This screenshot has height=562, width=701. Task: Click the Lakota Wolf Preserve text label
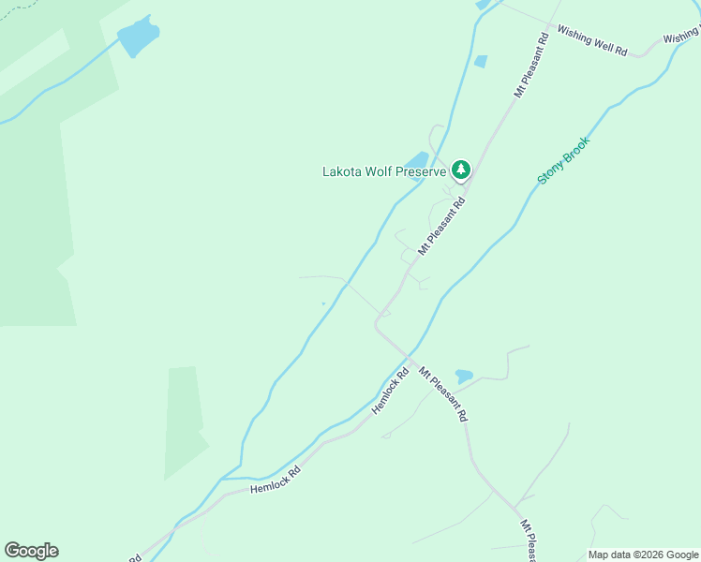384,171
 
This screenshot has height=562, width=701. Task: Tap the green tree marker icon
460,170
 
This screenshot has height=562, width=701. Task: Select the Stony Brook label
563,159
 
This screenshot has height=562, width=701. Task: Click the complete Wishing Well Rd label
591,40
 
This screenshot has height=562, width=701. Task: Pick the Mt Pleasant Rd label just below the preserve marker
441,227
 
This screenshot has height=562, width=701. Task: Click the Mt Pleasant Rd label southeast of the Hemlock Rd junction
442,394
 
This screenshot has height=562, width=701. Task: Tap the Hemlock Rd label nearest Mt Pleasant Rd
391,391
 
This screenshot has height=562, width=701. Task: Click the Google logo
31,551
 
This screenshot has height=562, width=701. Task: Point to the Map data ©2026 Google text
644,555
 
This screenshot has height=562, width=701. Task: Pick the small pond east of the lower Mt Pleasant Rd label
464,377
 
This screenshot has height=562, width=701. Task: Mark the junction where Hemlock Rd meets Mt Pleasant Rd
410,358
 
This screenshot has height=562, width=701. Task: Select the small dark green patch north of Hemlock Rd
185,421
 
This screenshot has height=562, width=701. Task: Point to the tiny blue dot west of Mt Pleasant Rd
323,303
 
